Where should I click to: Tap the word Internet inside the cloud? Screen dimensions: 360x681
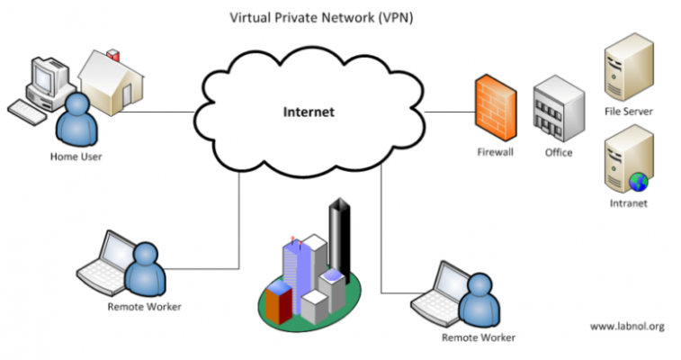(309, 112)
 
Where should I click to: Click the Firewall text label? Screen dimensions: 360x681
(495, 152)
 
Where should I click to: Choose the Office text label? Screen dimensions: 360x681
(559, 152)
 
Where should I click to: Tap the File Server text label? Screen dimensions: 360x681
(629, 112)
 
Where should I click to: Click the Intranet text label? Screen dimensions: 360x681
(628, 203)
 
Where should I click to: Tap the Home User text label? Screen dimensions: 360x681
(76, 157)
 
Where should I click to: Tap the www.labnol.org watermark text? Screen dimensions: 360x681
(627, 326)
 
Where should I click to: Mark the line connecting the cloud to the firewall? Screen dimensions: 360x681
(449, 112)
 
